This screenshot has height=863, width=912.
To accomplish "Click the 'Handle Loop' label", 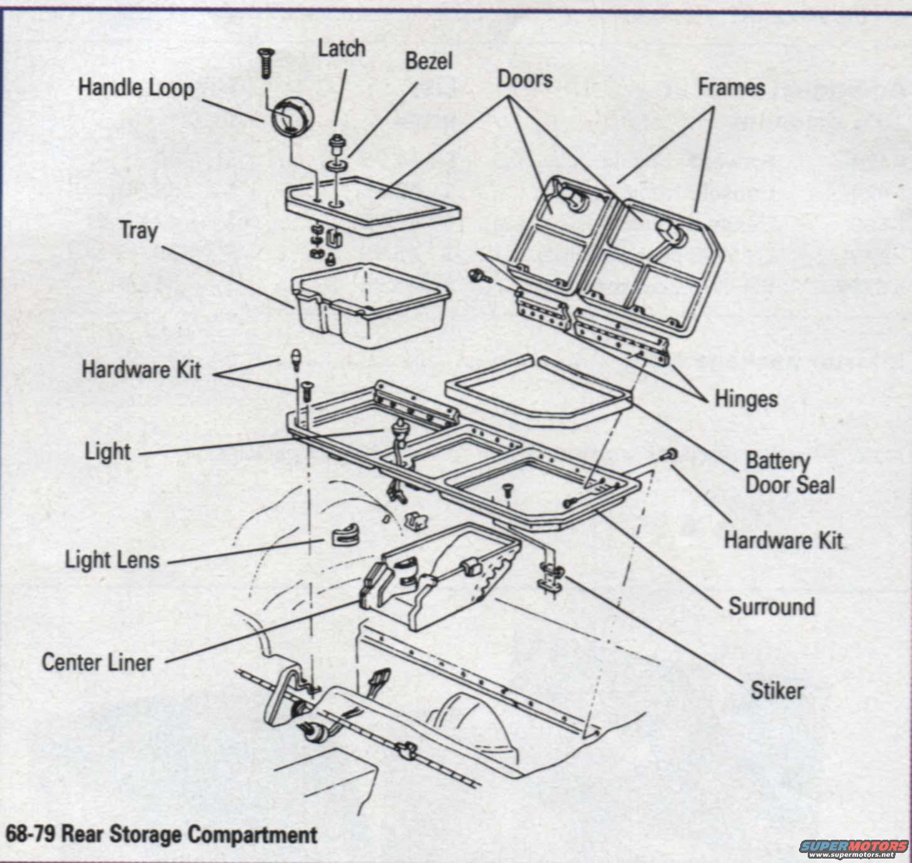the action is tap(136, 89).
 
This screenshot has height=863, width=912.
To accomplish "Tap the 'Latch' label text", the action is tap(342, 49).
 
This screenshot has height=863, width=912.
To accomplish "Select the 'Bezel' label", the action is tap(428, 61).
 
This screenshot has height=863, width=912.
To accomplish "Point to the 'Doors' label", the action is tap(525, 79).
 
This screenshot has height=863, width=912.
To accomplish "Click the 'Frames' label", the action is tap(732, 87).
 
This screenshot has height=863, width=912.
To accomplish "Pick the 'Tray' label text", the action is tap(139, 231).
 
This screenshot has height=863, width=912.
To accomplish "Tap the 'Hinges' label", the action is tap(746, 399).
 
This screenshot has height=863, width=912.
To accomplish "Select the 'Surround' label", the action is tap(771, 606).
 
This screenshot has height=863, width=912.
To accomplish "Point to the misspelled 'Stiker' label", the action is tap(777, 691).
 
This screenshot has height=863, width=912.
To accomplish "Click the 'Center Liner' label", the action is tap(97, 662).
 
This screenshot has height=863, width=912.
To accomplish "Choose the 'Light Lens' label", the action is tap(112, 560).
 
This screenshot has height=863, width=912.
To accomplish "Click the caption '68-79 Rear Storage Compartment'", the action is tap(161, 833).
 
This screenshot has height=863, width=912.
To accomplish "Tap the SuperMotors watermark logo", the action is tap(854, 847).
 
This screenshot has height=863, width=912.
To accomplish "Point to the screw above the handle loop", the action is tap(266, 62).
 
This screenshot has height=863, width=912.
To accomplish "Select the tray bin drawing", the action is tap(370, 304).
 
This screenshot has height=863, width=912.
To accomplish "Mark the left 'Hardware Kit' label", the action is tap(141, 370).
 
